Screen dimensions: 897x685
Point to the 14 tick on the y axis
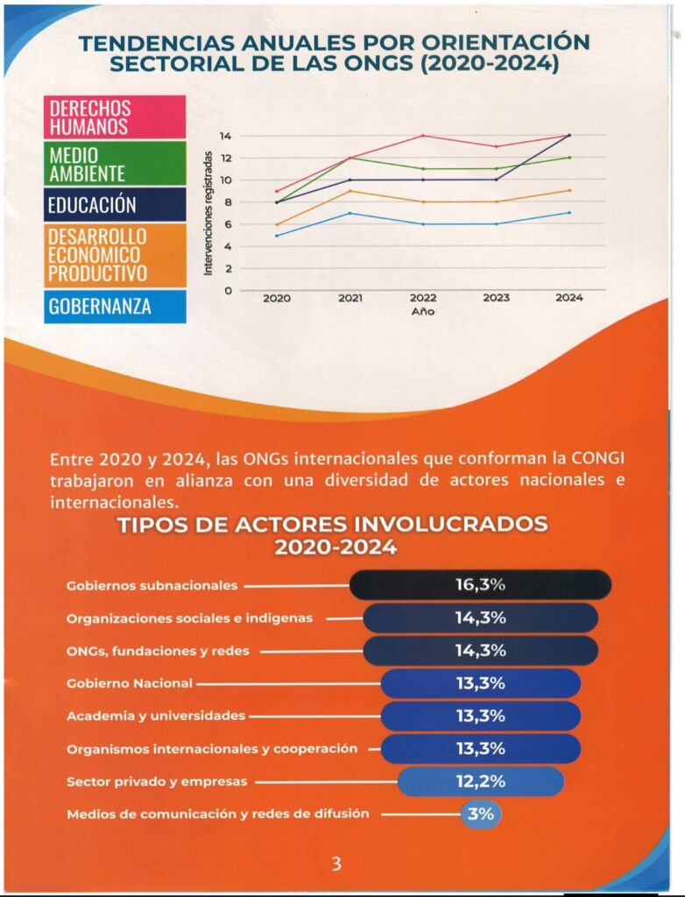point(226,136)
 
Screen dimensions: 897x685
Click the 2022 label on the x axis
point(423,299)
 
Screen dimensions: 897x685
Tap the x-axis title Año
point(423,311)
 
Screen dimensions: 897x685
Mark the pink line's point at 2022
point(423,136)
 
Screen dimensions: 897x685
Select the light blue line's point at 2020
point(277,235)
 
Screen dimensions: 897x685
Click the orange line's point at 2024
point(569,190)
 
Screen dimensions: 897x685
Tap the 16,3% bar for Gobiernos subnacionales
point(480,585)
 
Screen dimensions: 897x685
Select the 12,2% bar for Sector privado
point(480,781)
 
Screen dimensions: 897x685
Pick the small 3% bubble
point(481,814)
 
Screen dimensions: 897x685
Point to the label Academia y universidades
point(156,716)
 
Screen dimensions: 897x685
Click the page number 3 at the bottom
point(335,865)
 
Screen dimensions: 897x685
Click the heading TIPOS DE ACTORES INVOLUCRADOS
point(334,524)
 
